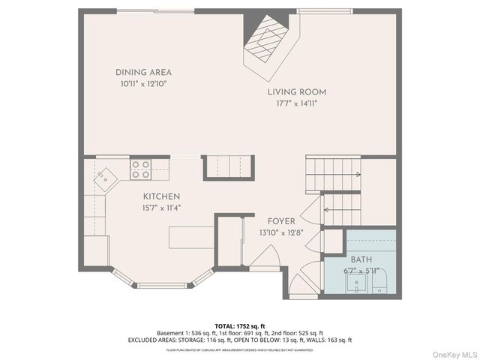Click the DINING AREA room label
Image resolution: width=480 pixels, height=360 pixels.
(143, 73)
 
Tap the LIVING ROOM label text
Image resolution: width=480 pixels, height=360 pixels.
(297, 92)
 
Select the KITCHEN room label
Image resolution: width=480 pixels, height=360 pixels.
(161, 196)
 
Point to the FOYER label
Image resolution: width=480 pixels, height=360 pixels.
(281, 222)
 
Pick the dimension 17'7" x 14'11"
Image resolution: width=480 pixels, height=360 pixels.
(297, 104)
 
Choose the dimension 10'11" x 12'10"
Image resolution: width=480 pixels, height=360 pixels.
(143, 85)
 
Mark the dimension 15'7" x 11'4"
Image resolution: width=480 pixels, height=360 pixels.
(161, 208)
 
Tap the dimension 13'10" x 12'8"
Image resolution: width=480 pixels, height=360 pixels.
(281, 234)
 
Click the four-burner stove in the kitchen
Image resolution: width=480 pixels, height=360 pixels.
(140, 169)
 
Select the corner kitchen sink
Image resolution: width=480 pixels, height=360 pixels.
(106, 177)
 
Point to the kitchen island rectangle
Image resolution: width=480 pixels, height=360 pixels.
(191, 237)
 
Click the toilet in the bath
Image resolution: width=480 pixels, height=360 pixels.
(379, 283)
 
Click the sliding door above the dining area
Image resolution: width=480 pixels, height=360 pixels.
(157, 10)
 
